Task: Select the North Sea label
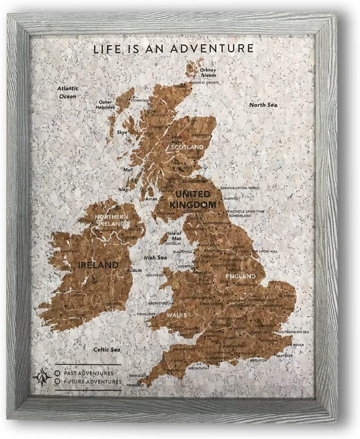tap(263, 105)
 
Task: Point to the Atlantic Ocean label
tap(67, 92)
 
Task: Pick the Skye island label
tap(122, 132)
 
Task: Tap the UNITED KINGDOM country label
tap(195, 199)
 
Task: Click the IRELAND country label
tap(98, 264)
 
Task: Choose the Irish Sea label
tap(155, 257)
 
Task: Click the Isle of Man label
tap(174, 236)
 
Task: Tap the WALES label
tap(177, 315)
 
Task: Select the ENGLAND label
tap(240, 276)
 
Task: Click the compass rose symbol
tap(42, 376)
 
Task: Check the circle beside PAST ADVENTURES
tap(58, 373)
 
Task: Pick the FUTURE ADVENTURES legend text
tap(93, 381)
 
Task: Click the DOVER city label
tap(298, 345)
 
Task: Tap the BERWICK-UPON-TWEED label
tap(240, 188)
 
